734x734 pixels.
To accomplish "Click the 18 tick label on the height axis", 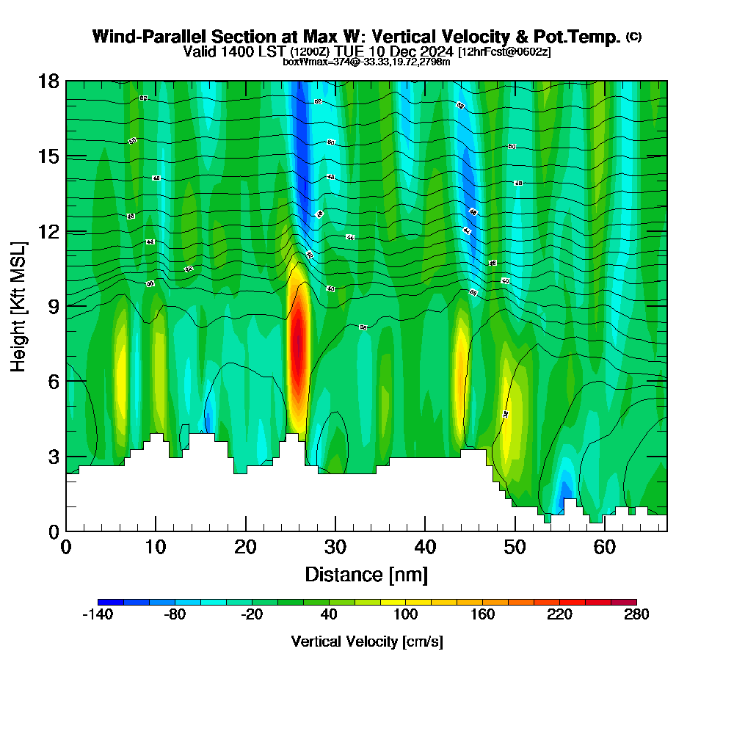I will tap(48, 81).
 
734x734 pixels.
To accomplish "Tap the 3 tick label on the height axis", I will tap(53, 457).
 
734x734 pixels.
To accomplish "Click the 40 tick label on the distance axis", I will tap(425, 548).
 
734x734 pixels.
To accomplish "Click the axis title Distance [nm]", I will tap(366, 574).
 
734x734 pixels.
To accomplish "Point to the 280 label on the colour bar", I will tap(636, 615).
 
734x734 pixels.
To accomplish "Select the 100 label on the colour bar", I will tap(405, 615).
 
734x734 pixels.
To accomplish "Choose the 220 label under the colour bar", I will tap(559, 615).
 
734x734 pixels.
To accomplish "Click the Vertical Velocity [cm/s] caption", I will tap(367, 642).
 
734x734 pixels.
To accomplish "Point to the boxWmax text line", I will tap(366, 62).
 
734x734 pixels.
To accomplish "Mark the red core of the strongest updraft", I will tap(297, 345).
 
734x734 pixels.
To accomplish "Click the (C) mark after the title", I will tap(633, 37).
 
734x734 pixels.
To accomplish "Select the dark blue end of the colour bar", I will tap(110, 603).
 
